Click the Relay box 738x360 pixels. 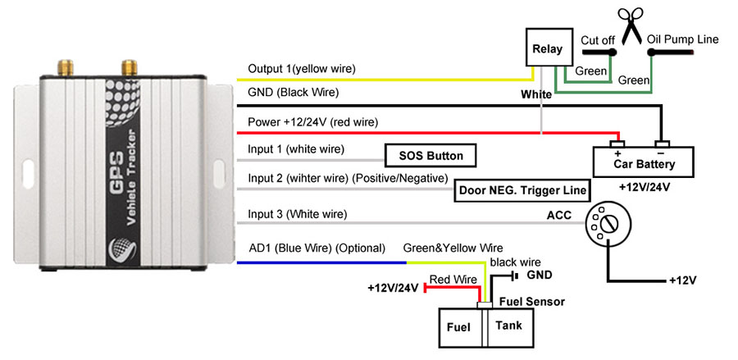pyautogui.click(x=548, y=49)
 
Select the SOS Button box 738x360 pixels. pyautogui.click(x=430, y=156)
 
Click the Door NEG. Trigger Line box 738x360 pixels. pyautogui.click(x=522, y=191)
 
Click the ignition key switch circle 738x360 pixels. pyautogui.click(x=606, y=224)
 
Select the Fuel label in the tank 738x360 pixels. pyautogui.click(x=458, y=326)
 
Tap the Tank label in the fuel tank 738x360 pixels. pyautogui.click(x=508, y=326)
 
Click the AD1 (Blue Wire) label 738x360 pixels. pyautogui.click(x=317, y=248)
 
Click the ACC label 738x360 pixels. pyautogui.click(x=558, y=216)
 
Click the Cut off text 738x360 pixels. pyautogui.click(x=599, y=39)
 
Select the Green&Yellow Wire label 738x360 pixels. pyautogui.click(x=453, y=248)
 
